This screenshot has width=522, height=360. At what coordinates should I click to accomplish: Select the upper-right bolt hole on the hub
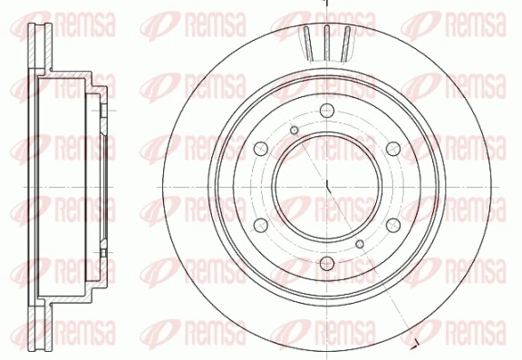[391, 149]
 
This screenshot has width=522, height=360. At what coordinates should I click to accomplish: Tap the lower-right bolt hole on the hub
[391, 225]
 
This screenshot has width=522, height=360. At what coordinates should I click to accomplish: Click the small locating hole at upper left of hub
[294, 131]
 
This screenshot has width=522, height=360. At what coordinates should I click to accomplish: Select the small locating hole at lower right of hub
[360, 245]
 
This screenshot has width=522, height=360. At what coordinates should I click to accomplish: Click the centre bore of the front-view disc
[324, 187]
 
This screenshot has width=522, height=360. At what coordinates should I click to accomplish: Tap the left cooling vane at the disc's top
[309, 42]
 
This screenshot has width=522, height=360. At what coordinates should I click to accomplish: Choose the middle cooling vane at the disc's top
[325, 40]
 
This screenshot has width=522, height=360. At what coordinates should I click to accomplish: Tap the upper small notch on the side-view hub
[105, 112]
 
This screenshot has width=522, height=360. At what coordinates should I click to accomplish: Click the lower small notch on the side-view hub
[105, 252]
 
